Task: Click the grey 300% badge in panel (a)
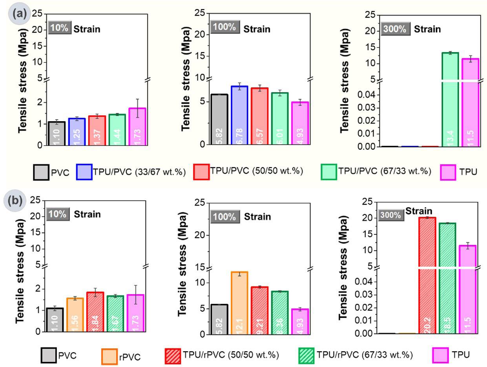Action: (x=396, y=29)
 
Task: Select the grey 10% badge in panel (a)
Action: (x=60, y=29)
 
